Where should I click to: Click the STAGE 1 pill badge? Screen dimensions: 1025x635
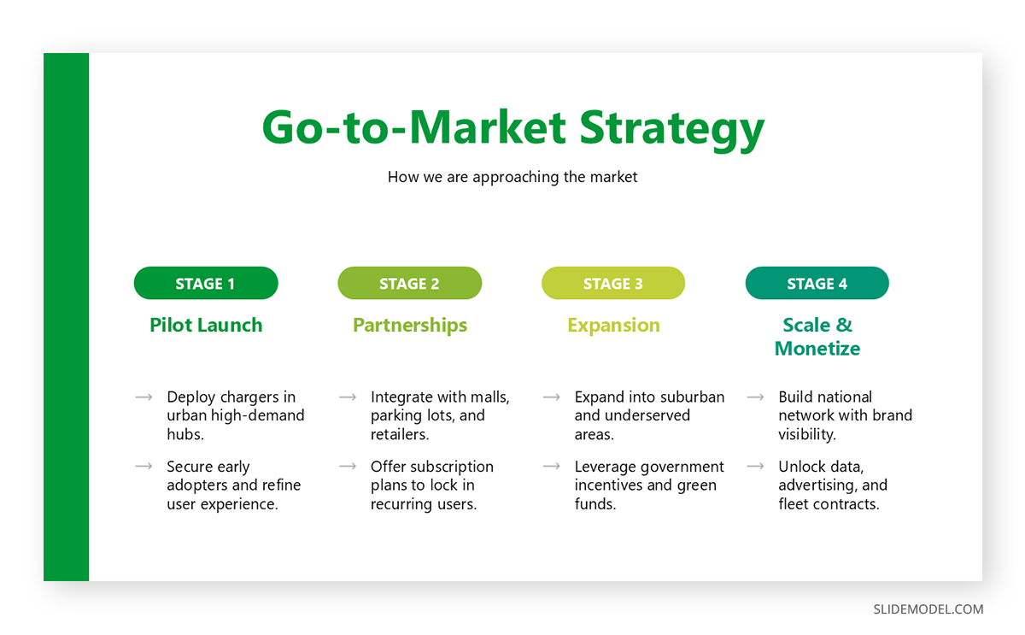(x=206, y=283)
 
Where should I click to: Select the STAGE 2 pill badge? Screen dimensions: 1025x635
(x=409, y=283)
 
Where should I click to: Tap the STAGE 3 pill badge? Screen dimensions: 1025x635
(x=613, y=283)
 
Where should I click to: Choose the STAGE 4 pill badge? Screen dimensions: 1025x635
(x=817, y=283)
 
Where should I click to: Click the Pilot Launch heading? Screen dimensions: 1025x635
(x=206, y=325)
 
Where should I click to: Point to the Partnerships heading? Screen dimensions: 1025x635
(x=410, y=326)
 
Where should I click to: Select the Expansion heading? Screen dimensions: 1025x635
(x=613, y=326)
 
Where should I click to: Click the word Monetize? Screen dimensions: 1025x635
(x=817, y=349)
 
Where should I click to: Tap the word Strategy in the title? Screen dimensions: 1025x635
(x=671, y=129)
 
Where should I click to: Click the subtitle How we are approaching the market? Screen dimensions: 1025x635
(x=512, y=177)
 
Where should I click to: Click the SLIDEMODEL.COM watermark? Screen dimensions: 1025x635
(x=928, y=609)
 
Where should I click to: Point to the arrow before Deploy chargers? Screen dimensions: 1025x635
(x=143, y=397)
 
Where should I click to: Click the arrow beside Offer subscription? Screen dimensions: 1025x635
(x=348, y=467)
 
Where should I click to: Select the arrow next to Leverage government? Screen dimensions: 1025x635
(x=552, y=467)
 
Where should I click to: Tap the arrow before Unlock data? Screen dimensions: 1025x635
(x=755, y=467)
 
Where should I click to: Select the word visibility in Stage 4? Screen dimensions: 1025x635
(x=807, y=434)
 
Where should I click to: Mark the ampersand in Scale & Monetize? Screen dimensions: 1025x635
(x=844, y=325)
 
